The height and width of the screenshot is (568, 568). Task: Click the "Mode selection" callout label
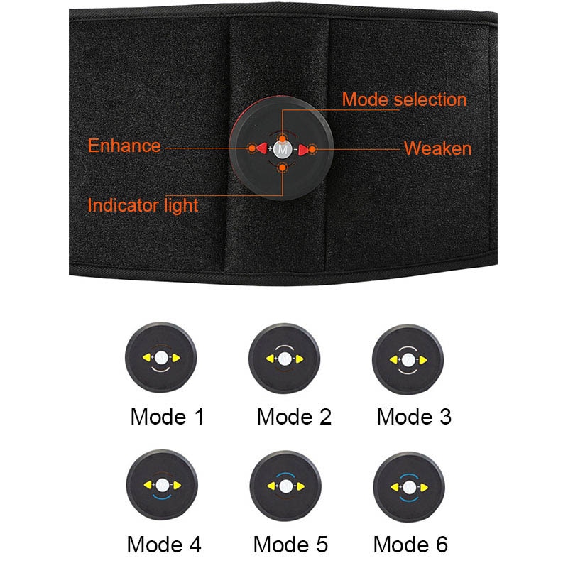[x=404, y=99]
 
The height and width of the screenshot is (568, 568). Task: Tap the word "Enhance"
[x=124, y=146]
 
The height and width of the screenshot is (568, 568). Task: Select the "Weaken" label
[x=437, y=148]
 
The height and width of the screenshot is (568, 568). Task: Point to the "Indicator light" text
[x=143, y=206]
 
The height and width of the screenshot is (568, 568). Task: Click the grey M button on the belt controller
[x=283, y=149]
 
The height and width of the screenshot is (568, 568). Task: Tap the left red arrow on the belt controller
[x=261, y=148]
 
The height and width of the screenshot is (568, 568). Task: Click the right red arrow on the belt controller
[x=304, y=150]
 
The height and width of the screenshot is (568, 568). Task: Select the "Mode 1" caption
[x=167, y=417]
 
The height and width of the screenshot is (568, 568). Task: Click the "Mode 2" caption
[x=294, y=417]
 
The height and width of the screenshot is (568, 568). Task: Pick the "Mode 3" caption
[x=414, y=417]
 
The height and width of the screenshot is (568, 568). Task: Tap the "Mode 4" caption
[x=164, y=545]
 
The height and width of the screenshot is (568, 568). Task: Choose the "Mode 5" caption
[x=290, y=545]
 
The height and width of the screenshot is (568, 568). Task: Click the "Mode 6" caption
[x=410, y=545]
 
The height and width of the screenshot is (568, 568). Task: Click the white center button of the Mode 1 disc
[x=161, y=358]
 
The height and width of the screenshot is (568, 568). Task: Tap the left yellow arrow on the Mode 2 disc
[x=271, y=359]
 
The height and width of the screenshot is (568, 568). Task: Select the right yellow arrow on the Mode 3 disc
[x=422, y=360]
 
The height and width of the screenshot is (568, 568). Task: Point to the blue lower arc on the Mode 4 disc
[x=162, y=496]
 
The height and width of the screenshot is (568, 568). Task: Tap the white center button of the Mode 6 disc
[x=410, y=488]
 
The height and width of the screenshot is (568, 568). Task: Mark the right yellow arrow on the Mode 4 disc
[x=177, y=486]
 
